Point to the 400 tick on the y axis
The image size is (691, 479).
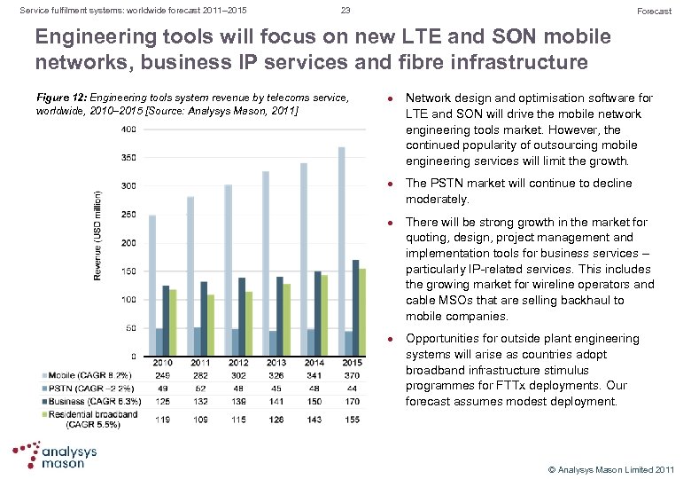(129, 130)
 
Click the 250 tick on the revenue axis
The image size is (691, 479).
(129, 215)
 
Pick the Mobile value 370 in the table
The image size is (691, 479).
(353, 376)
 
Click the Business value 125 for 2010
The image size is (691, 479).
(161, 401)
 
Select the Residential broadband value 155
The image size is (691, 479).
(353, 420)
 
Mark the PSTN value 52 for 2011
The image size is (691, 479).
(199, 389)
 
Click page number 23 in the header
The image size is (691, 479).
(345, 11)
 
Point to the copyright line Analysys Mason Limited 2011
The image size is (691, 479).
(611, 468)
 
